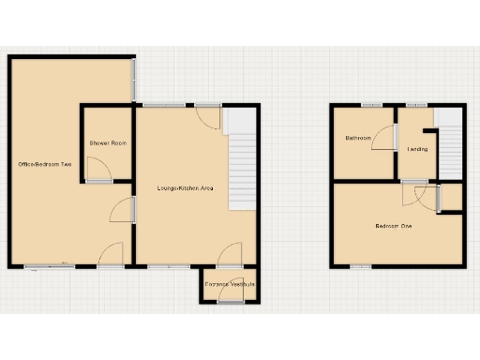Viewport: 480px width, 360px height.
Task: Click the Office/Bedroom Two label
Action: pyautogui.click(x=44, y=165)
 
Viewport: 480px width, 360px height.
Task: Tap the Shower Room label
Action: pyautogui.click(x=108, y=142)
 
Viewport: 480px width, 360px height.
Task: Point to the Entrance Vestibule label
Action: pyautogui.click(x=230, y=283)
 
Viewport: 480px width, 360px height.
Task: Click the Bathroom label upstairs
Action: pyautogui.click(x=358, y=139)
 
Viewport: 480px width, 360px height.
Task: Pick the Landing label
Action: pyautogui.click(x=417, y=148)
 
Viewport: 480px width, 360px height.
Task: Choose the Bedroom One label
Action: pyautogui.click(x=394, y=226)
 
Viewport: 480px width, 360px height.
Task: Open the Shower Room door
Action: pyautogui.click(x=98, y=171)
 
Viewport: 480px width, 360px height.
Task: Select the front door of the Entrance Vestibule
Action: pyautogui.click(x=230, y=297)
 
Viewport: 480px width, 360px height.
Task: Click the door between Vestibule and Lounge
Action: pyautogui.click(x=230, y=256)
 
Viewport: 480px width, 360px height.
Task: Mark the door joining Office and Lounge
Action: pyautogui.click(x=124, y=210)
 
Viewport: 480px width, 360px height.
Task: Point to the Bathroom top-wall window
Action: pyautogui.click(x=372, y=105)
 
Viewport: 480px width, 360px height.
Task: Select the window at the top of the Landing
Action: pyautogui.click(x=417, y=105)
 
